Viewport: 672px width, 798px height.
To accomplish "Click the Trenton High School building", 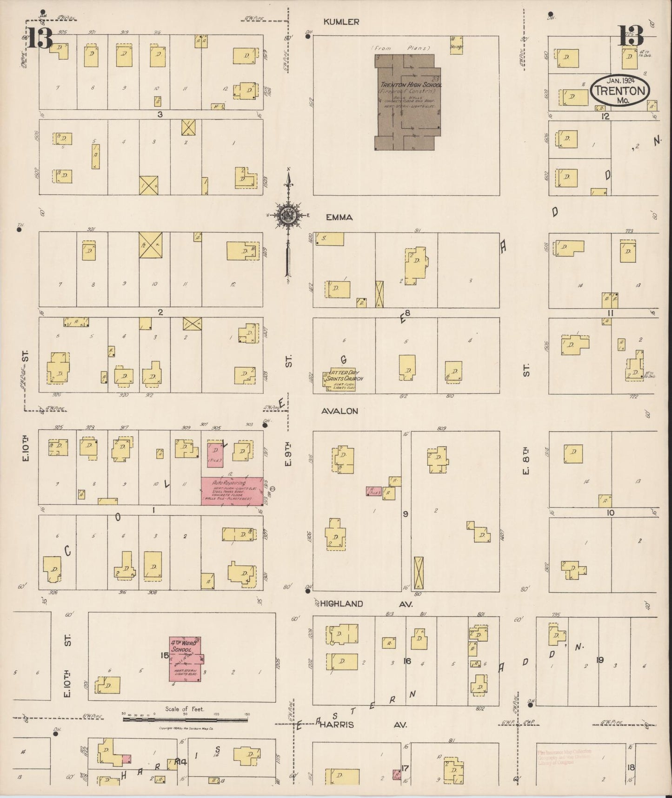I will tap(407, 102).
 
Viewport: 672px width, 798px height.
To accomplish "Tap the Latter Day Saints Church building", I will tap(339, 380).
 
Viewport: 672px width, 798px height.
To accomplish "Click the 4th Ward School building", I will tap(185, 659).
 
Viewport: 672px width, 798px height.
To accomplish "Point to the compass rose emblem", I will tap(289, 215).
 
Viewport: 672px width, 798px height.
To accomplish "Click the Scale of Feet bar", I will tap(185, 719).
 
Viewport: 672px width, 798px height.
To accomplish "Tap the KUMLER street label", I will tap(341, 21).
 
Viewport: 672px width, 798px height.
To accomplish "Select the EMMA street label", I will tap(339, 217).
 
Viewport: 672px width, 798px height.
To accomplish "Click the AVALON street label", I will tap(339, 411).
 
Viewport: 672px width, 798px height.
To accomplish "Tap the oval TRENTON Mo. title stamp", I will tap(620, 90).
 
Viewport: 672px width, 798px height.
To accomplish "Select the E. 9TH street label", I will tap(288, 456).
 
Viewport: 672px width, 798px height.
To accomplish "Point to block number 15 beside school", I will tap(164, 655).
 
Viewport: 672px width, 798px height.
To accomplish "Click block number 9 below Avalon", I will tap(406, 514).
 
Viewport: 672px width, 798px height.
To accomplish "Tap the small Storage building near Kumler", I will tap(456, 45).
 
